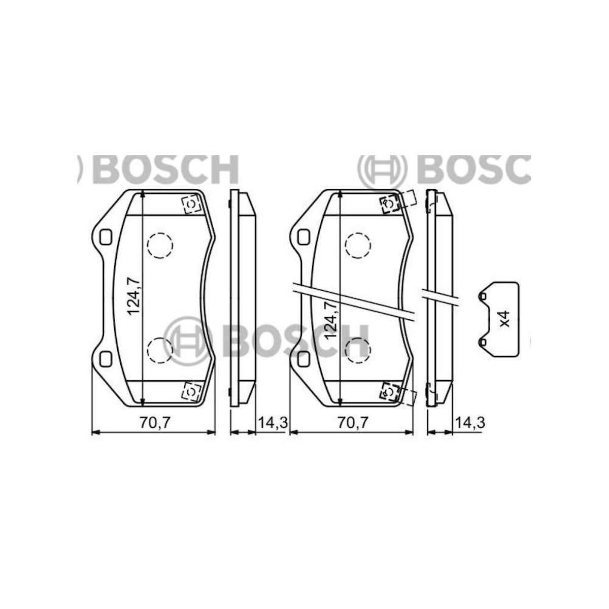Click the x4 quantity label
coord(503,319)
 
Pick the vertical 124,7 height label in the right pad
coord(331,320)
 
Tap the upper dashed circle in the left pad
coord(160,246)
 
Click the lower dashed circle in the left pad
coord(160,350)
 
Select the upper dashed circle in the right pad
coord(358,246)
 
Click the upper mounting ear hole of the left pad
coord(106,236)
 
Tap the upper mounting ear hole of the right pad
coord(303,236)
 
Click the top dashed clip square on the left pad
coord(191,204)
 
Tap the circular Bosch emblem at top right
coord(382,168)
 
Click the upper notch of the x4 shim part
coord(484,296)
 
